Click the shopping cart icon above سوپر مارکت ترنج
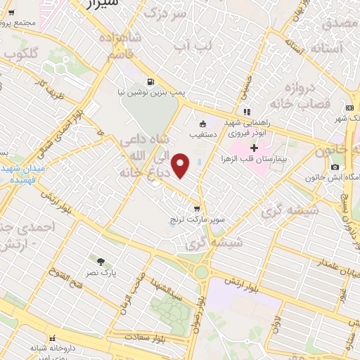click(x=198, y=209)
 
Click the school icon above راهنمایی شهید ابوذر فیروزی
click(x=246, y=112)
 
